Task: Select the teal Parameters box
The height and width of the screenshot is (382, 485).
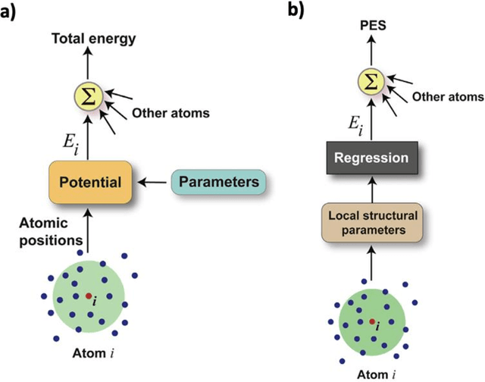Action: coord(220,182)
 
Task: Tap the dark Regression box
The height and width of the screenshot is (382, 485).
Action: coord(373,160)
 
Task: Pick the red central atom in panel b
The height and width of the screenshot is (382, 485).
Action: coord(372,321)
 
